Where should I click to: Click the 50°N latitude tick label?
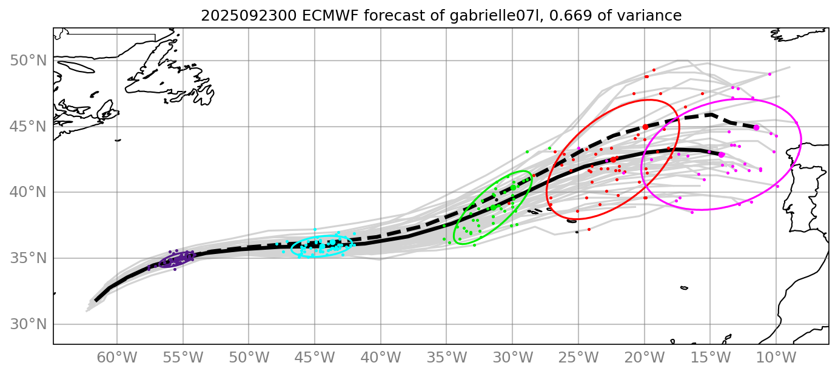click(28, 61)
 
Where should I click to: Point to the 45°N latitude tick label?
click(28, 127)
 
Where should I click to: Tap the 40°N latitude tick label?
click(28, 193)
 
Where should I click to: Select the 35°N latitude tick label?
click(28, 259)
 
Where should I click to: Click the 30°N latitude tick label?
click(28, 324)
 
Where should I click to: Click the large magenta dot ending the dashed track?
click(756, 127)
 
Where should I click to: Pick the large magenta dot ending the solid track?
click(722, 155)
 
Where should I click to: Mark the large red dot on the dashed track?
click(646, 127)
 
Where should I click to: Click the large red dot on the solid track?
click(613, 159)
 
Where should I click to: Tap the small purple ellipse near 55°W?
click(176, 259)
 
